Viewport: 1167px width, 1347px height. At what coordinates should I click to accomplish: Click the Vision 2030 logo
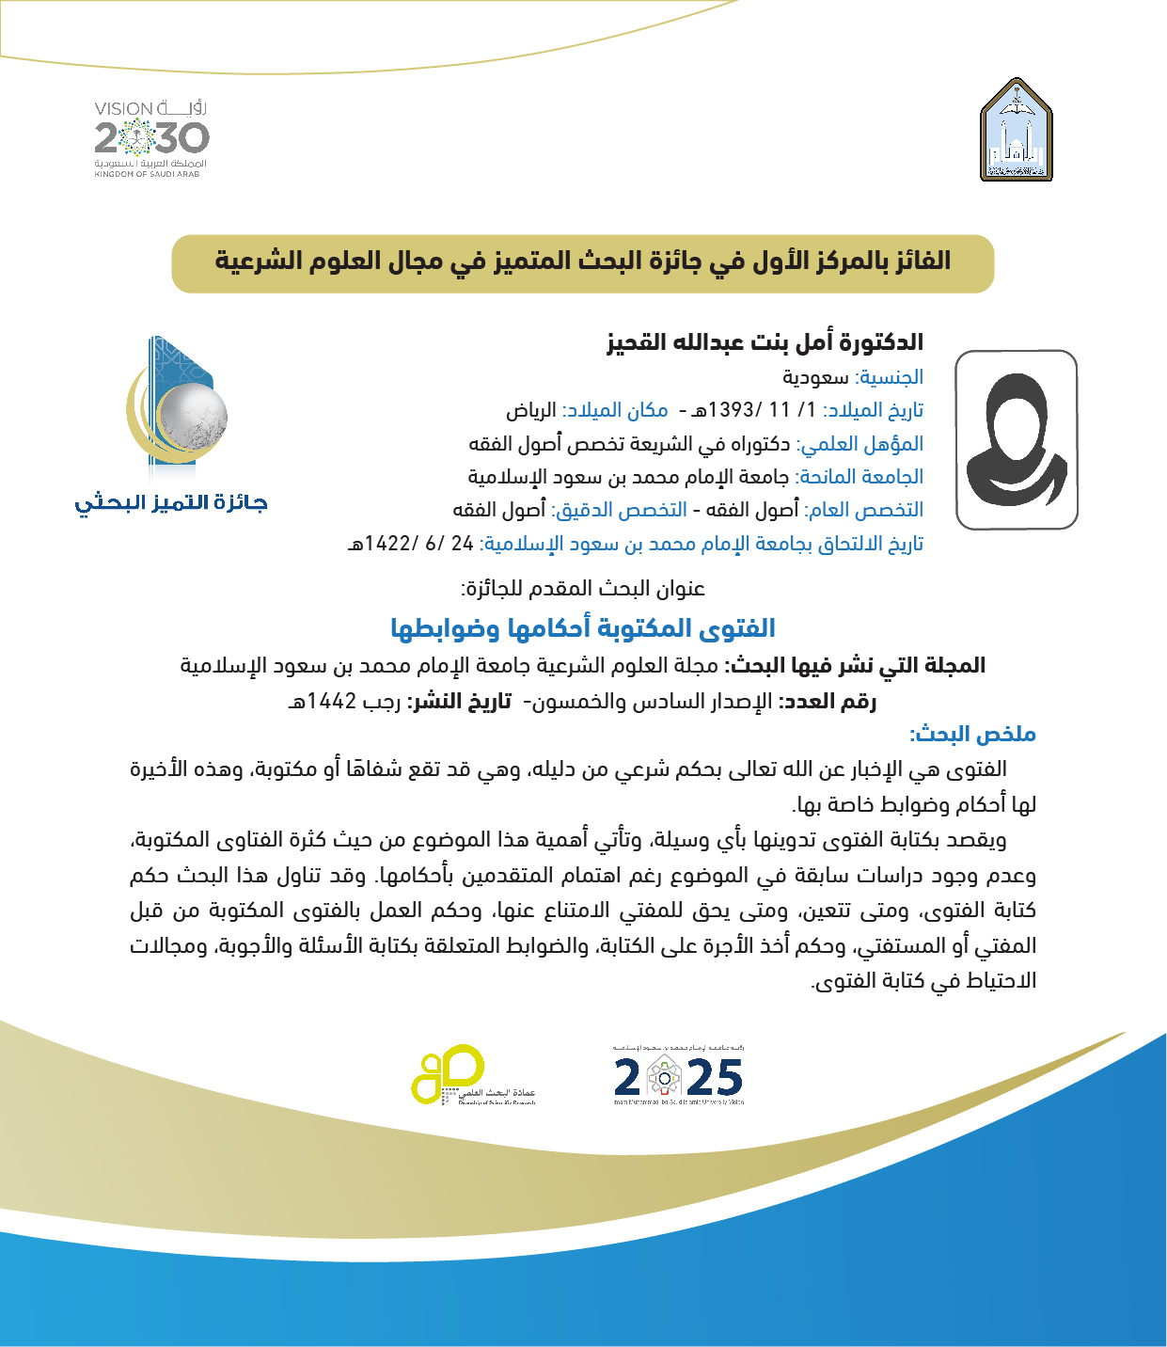click(151, 138)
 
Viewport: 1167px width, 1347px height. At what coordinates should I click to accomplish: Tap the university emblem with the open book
click(1017, 130)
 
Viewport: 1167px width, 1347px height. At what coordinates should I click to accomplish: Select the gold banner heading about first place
click(583, 262)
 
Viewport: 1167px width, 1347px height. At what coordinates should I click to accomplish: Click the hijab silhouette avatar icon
click(1017, 439)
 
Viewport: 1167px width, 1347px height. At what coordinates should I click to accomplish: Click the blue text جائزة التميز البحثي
click(171, 502)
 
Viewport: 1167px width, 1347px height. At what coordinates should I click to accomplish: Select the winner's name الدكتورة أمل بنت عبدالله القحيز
click(765, 342)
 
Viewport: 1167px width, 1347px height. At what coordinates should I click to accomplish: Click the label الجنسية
click(890, 377)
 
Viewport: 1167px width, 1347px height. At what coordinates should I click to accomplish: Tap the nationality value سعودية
click(815, 377)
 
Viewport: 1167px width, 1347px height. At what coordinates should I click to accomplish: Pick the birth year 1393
click(733, 410)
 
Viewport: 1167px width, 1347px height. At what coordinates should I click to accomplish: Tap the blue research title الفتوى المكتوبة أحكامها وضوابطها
click(583, 627)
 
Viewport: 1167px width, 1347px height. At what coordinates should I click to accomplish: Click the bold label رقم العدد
click(829, 701)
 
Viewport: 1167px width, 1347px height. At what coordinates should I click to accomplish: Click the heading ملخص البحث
click(972, 734)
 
